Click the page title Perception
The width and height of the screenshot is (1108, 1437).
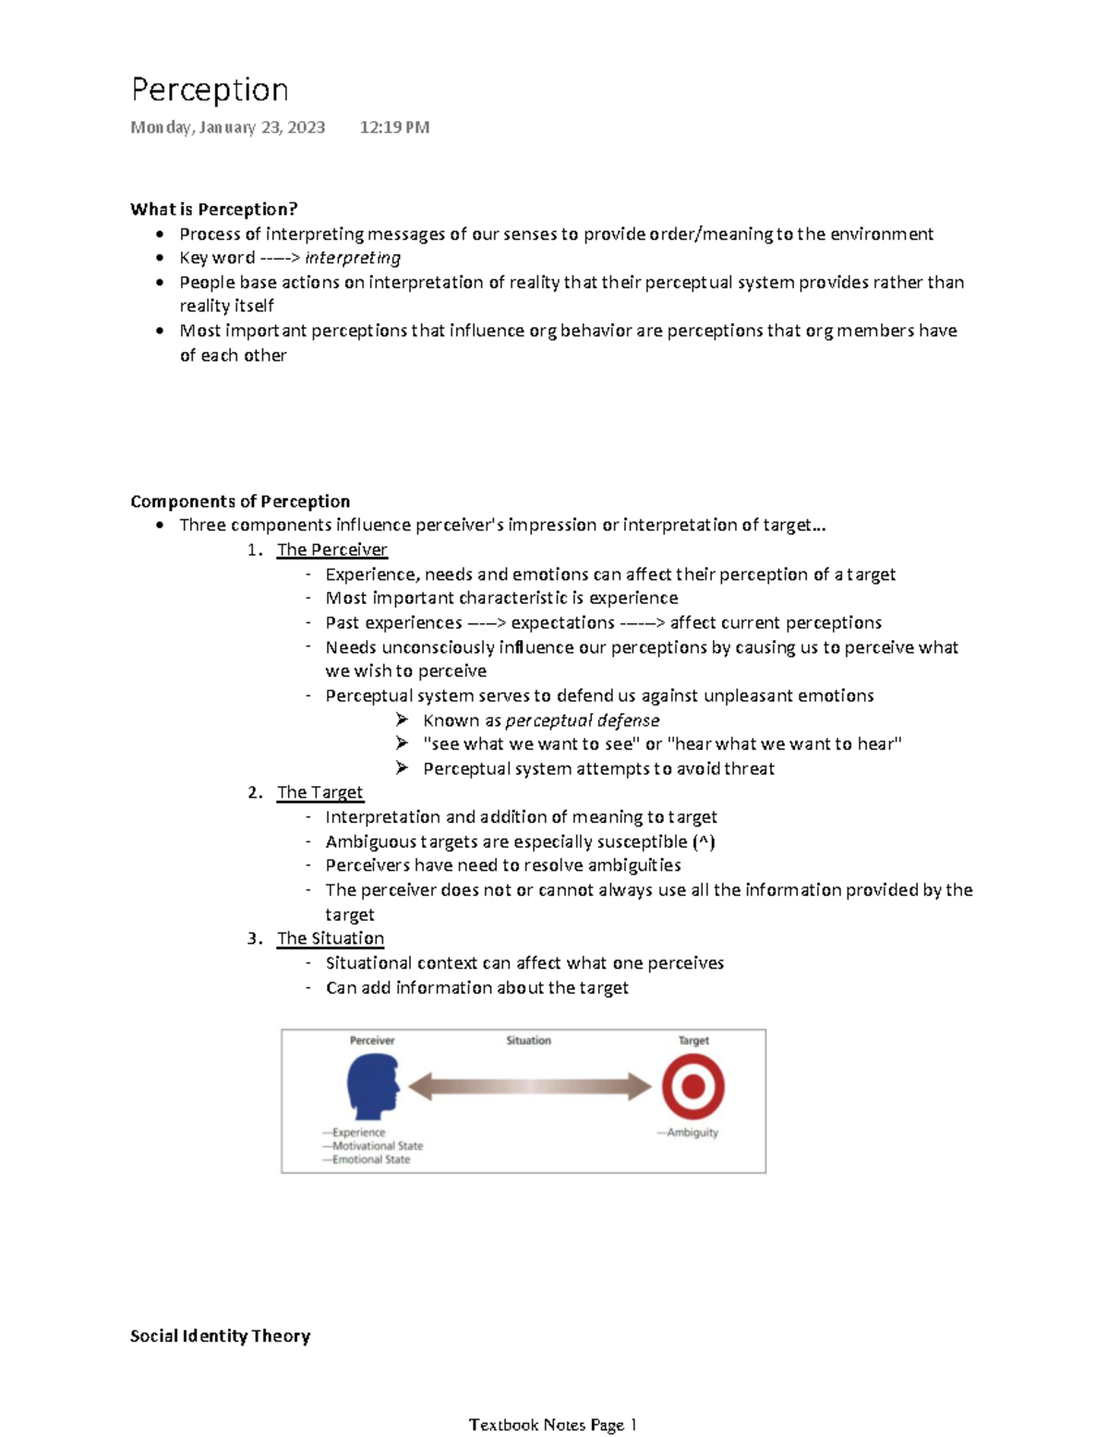pyautogui.click(x=210, y=91)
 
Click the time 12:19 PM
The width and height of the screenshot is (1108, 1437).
pyautogui.click(x=394, y=127)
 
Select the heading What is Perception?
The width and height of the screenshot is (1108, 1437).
pyautogui.click(x=213, y=209)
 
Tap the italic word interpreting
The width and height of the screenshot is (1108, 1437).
pyautogui.click(x=353, y=258)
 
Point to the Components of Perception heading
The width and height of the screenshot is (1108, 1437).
pyautogui.click(x=240, y=501)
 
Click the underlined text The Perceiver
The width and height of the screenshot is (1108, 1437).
pyautogui.click(x=331, y=549)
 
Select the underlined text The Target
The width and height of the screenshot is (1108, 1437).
pyautogui.click(x=319, y=792)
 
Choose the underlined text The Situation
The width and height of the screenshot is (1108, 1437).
pyautogui.click(x=331, y=938)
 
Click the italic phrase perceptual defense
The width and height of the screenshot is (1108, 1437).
pyautogui.click(x=583, y=720)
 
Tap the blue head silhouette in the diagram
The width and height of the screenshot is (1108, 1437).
pyautogui.click(x=372, y=1086)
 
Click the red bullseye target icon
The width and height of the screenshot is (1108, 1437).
pyautogui.click(x=692, y=1086)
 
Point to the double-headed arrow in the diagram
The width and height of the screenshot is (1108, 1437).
pyautogui.click(x=530, y=1086)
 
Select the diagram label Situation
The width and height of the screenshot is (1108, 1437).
pyautogui.click(x=528, y=1041)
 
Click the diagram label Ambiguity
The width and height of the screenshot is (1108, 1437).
pyautogui.click(x=692, y=1132)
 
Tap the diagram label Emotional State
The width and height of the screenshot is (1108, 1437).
pyautogui.click(x=370, y=1159)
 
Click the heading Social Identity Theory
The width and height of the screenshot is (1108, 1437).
pyautogui.click(x=220, y=1335)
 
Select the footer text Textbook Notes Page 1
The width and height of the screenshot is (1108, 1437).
pyautogui.click(x=552, y=1424)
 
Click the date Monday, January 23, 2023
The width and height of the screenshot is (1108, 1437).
pyautogui.click(x=227, y=127)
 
